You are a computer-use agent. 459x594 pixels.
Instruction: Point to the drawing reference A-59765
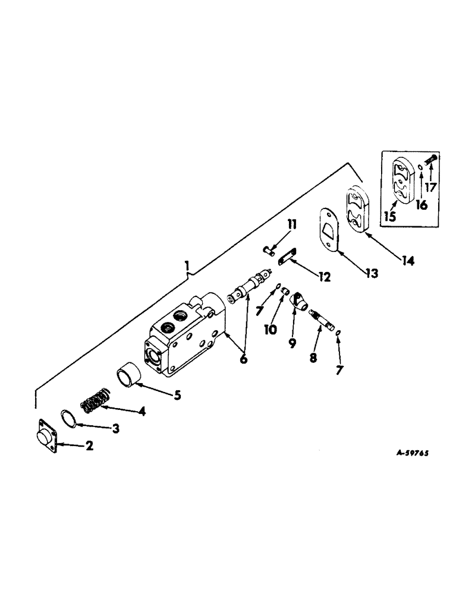click(x=405, y=452)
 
